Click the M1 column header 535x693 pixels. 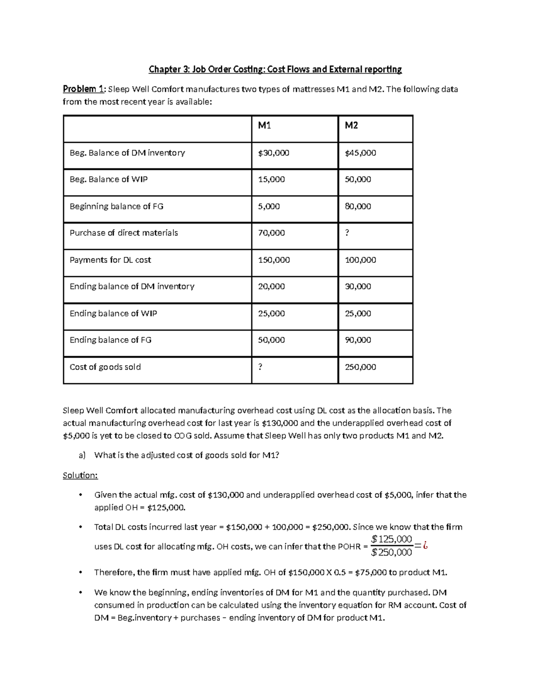[x=264, y=126]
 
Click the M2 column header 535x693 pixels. [x=351, y=126]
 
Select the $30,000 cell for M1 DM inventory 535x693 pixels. [x=274, y=153]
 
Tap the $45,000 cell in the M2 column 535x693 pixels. [x=361, y=153]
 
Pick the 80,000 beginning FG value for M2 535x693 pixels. [x=358, y=206]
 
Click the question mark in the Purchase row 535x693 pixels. [x=347, y=233]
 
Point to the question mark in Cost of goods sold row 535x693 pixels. [x=260, y=367]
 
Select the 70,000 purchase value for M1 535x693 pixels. [x=272, y=233]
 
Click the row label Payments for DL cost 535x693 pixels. [x=110, y=260]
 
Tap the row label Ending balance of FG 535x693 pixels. [x=111, y=340]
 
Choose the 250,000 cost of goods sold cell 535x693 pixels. [x=361, y=367]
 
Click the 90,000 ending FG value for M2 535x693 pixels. [x=358, y=340]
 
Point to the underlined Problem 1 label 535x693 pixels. [x=84, y=89]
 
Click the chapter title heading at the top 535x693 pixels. [x=275, y=69]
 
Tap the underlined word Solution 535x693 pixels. [x=80, y=475]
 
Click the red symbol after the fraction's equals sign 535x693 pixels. [x=425, y=545]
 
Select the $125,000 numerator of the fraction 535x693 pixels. [x=391, y=539]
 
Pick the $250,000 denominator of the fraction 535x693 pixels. [x=391, y=552]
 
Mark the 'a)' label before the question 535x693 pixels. [x=82, y=455]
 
